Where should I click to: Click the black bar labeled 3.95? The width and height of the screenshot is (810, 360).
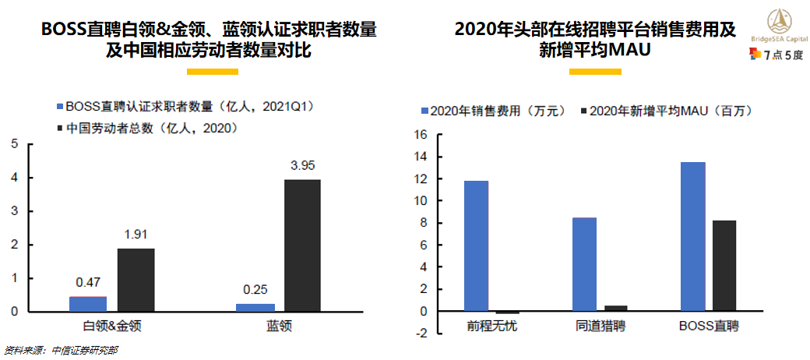click(301, 245)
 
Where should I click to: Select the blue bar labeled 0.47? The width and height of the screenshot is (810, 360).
click(88, 304)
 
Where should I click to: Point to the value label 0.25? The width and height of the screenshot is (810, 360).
click(255, 289)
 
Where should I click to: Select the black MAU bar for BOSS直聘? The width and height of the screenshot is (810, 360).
click(724, 266)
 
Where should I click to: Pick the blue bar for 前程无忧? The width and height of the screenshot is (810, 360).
click(477, 246)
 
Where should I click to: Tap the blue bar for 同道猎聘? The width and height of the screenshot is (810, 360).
click(584, 264)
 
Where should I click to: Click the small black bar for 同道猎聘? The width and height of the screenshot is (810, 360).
click(615, 309)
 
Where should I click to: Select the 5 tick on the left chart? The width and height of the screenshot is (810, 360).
click(16, 144)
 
